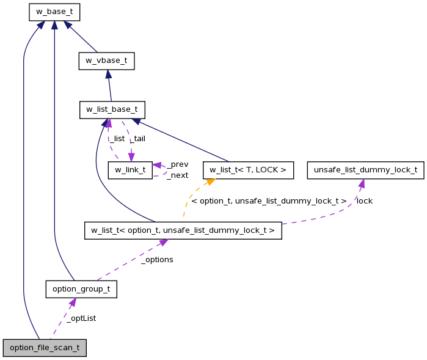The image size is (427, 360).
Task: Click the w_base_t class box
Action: pyautogui.click(x=54, y=11)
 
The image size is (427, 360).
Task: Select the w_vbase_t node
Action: pyautogui.click(x=106, y=61)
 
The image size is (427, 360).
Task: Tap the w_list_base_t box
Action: pyautogui.click(x=112, y=110)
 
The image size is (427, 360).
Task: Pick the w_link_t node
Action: pyautogui.click(x=130, y=170)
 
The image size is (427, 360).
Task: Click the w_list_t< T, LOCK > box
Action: pyautogui.click(x=249, y=170)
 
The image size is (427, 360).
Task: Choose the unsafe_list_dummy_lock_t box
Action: pyautogui.click(x=365, y=170)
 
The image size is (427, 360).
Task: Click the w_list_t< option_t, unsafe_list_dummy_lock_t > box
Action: pyautogui.click(x=183, y=230)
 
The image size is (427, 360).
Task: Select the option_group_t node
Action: pyautogui.click(x=81, y=289)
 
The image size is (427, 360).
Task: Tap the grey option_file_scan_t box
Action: pyautogui.click(x=45, y=348)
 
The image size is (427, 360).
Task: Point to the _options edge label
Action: pyautogui.click(x=157, y=260)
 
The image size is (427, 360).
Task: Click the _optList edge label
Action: pyautogui.click(x=81, y=318)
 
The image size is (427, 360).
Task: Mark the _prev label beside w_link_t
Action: pyautogui.click(x=178, y=164)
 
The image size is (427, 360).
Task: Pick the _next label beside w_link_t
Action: pyautogui.click(x=178, y=175)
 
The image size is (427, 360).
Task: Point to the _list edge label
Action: pyautogui.click(x=117, y=139)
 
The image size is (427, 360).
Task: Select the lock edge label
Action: pyautogui.click(x=364, y=200)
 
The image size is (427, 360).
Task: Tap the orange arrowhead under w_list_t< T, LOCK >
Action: pyautogui.click(x=210, y=182)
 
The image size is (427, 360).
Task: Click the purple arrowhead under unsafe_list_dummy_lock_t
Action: pyautogui.click(x=362, y=183)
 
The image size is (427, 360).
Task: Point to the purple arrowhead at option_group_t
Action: pyautogui.click(x=73, y=302)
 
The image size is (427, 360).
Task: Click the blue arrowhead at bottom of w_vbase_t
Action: pyautogui.click(x=108, y=74)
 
